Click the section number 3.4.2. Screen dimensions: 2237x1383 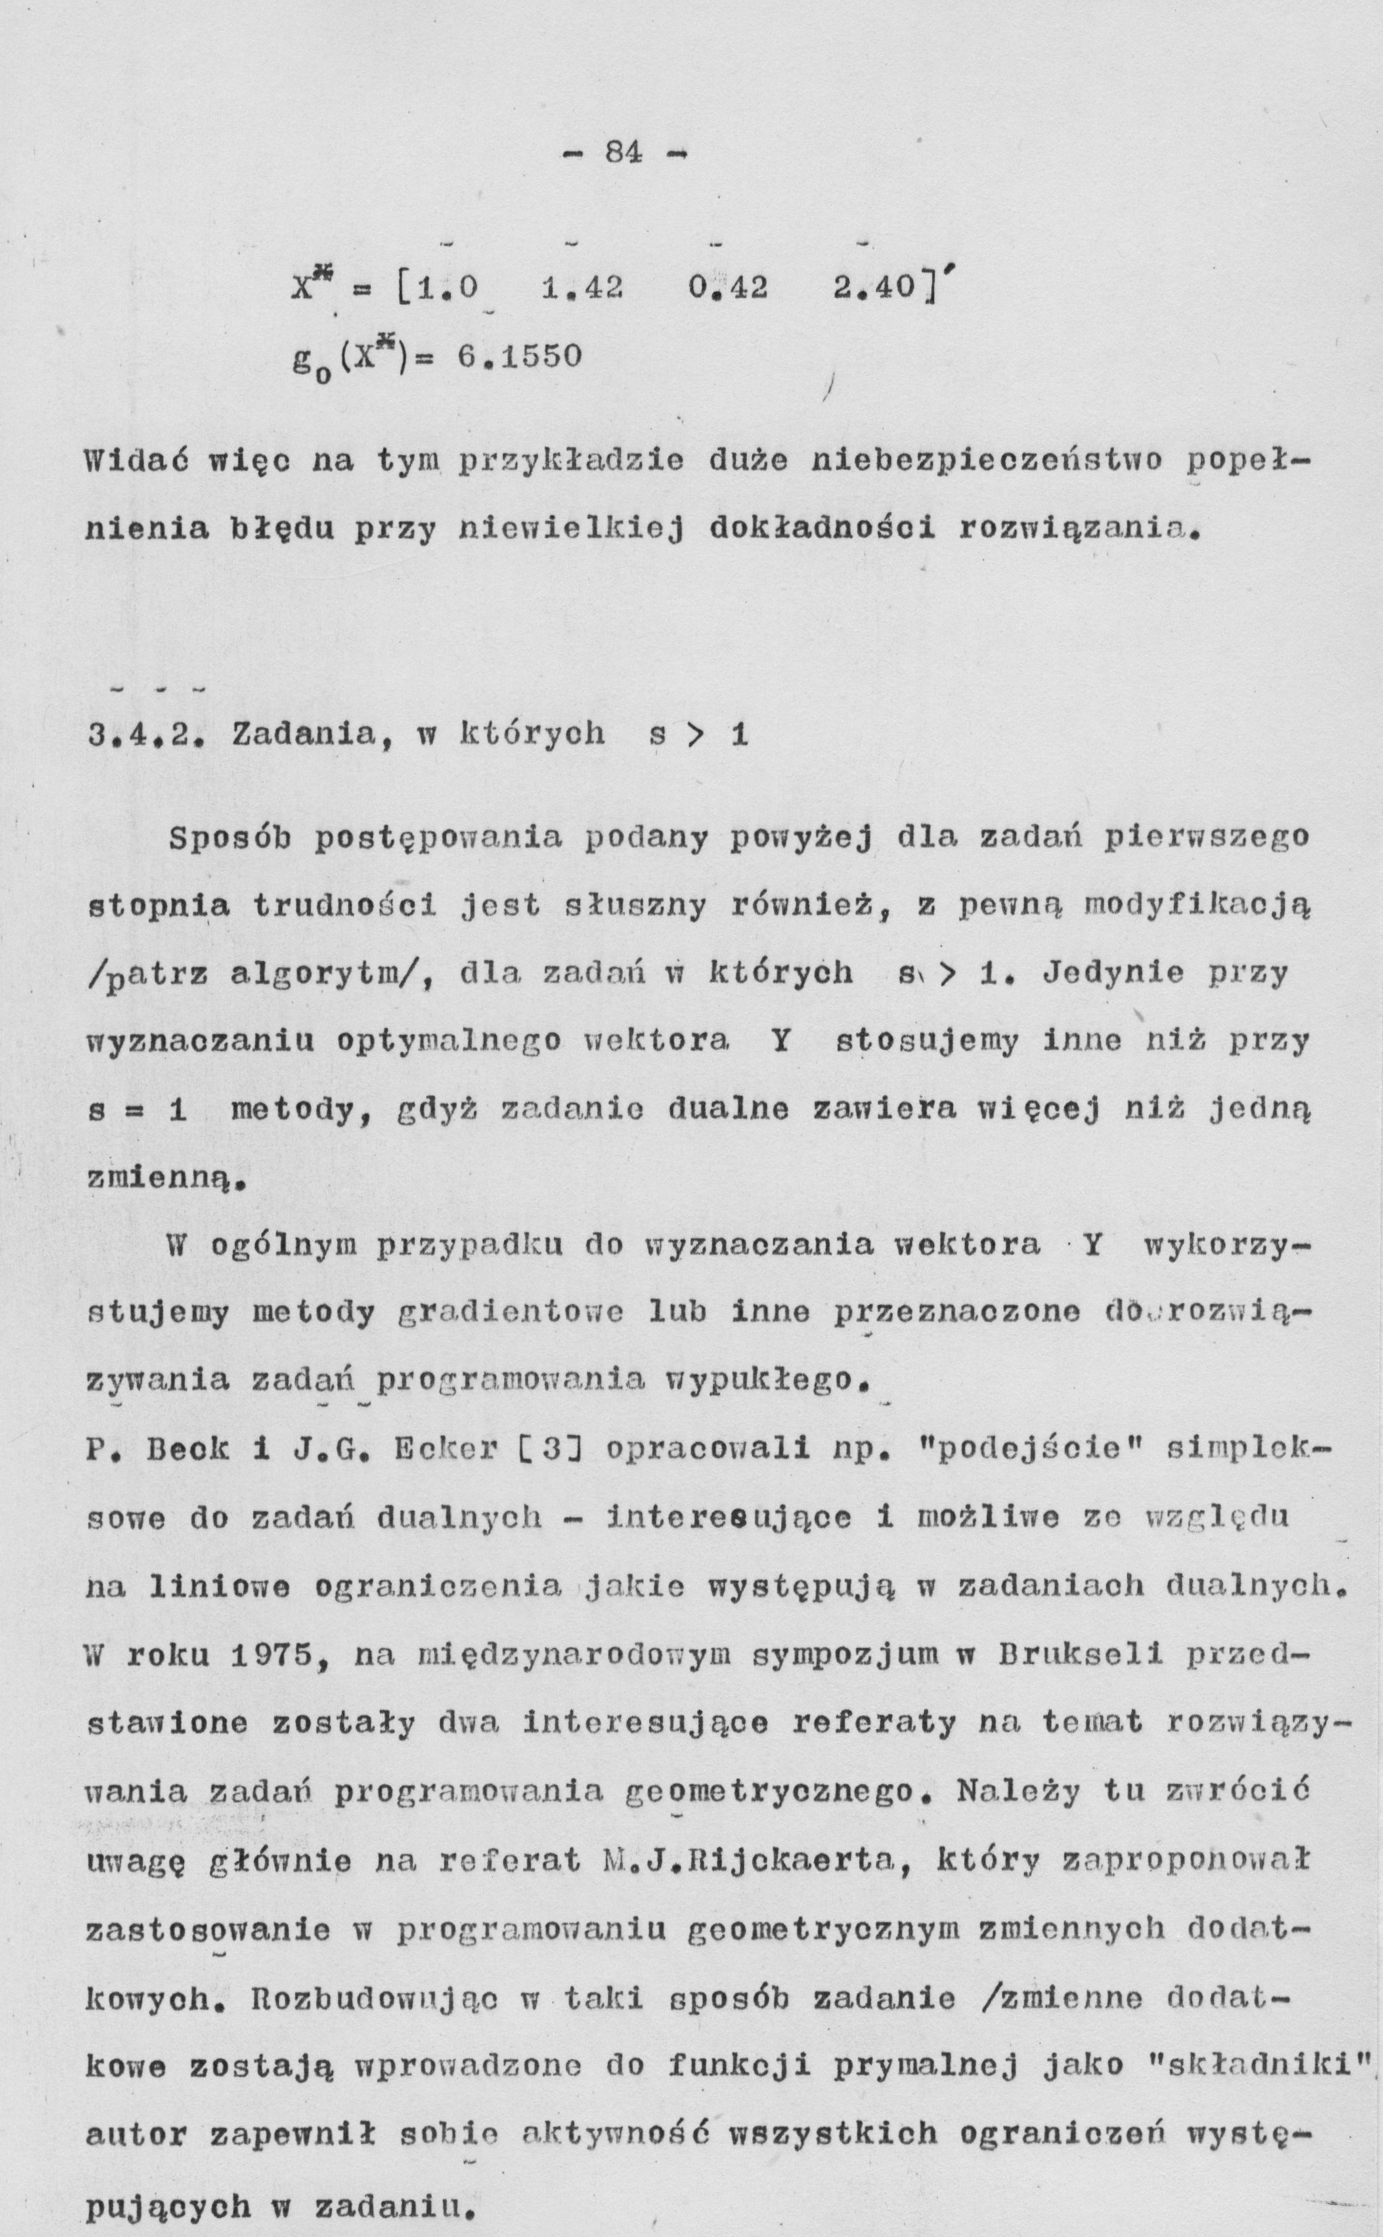click(x=146, y=733)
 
